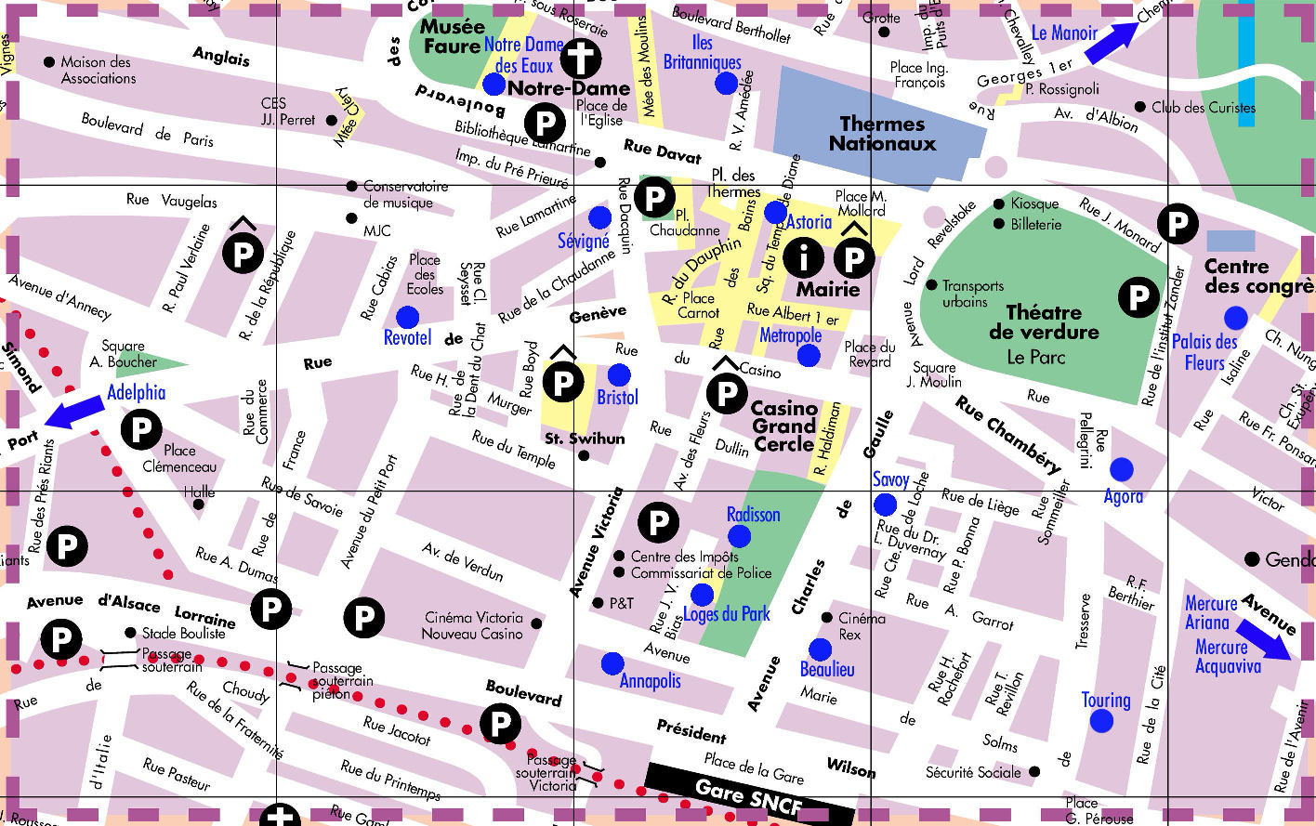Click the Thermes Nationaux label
(x=882, y=134)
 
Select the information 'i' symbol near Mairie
(x=803, y=257)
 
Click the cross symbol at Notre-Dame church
(x=580, y=58)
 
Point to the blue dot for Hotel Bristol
(x=619, y=374)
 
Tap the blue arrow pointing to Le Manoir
(x=1112, y=43)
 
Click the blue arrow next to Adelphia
(x=75, y=412)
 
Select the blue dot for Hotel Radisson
(x=740, y=535)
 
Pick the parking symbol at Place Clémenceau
(x=141, y=429)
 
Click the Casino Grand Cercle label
(x=784, y=426)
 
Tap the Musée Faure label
(x=452, y=36)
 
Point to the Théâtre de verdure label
(x=1044, y=322)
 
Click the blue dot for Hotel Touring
(x=1101, y=720)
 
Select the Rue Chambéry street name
(x=1008, y=434)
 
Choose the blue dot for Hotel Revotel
(x=407, y=316)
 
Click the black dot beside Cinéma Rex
(x=826, y=618)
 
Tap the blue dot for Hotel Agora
(x=1122, y=469)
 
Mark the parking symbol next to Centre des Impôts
(x=658, y=522)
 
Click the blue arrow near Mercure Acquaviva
(x=1263, y=640)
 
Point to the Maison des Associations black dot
(x=49, y=62)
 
